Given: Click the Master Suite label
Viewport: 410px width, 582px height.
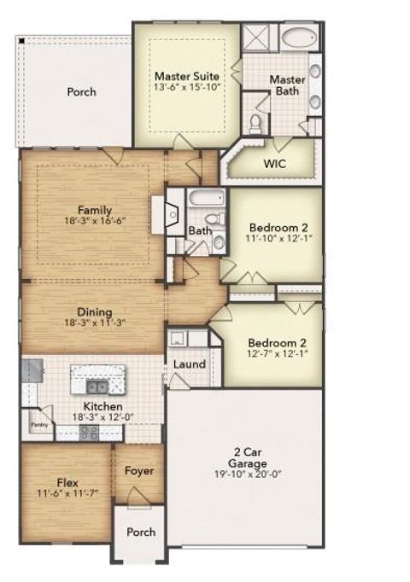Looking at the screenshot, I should [185, 75].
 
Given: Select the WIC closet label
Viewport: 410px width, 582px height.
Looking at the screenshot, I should [275, 162].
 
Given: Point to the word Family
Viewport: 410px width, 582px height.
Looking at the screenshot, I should [95, 209].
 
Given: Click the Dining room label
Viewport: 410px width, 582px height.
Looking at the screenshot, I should [94, 312].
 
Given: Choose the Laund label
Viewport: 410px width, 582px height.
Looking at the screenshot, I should [189, 364].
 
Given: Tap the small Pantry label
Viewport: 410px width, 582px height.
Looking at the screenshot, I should [38, 422].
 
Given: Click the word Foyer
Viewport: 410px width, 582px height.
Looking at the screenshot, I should [138, 470].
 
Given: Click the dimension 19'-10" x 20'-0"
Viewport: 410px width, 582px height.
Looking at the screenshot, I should [246, 475].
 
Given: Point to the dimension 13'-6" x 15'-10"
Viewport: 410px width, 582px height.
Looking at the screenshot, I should [186, 88].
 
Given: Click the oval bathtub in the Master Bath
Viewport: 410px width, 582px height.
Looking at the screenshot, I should [300, 38].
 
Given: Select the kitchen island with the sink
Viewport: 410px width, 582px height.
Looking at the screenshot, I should [97, 376].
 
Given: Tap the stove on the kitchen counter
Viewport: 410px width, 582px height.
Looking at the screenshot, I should [90, 433].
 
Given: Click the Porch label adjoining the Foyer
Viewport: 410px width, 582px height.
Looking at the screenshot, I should [141, 532].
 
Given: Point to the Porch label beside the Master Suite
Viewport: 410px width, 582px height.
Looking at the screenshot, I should [81, 92].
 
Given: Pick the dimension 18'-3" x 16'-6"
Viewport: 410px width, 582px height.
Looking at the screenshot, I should [95, 220].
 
